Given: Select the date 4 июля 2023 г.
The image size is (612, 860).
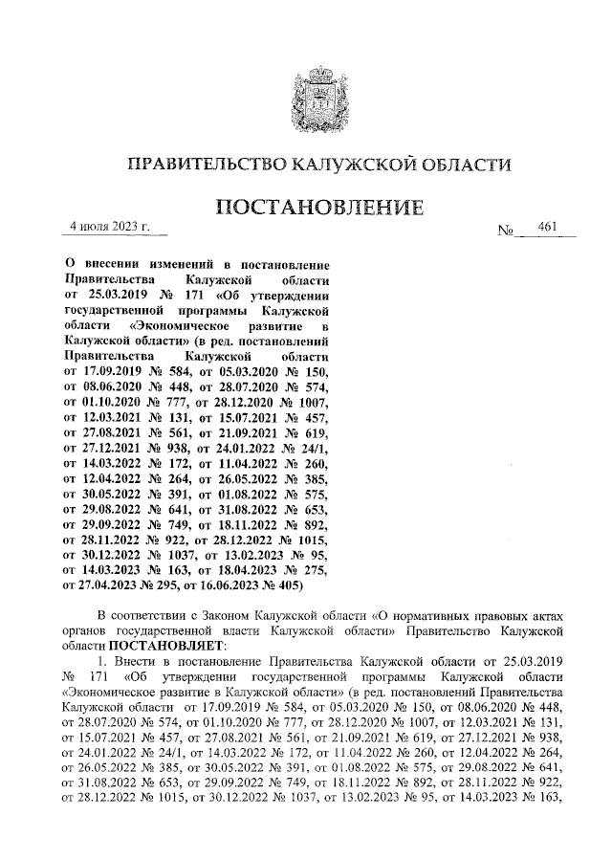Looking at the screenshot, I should point(111,227).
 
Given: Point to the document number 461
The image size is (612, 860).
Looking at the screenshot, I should point(547,228).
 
